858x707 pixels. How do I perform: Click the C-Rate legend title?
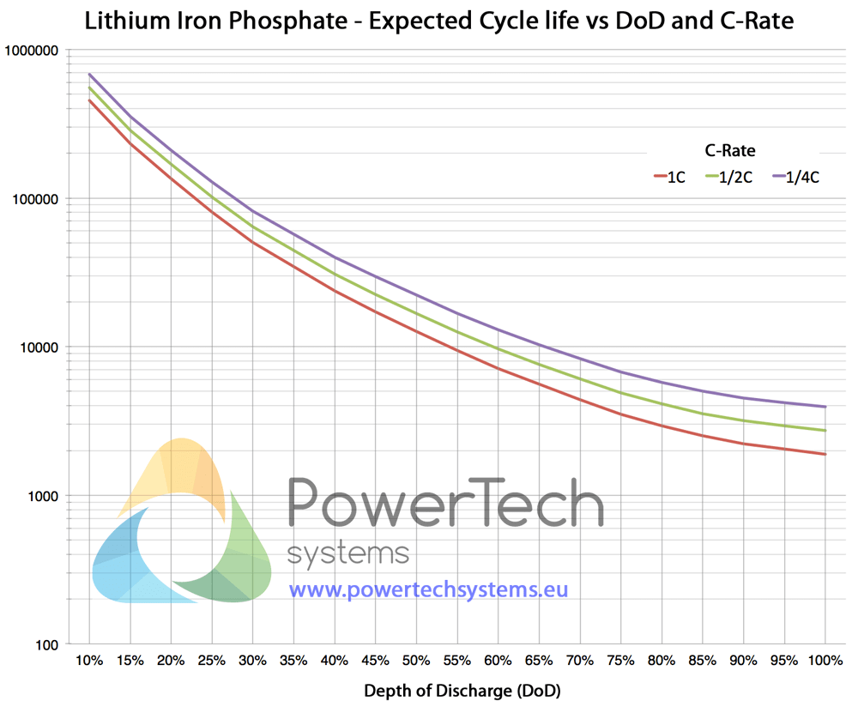[730, 150]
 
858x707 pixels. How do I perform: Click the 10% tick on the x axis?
[89, 661]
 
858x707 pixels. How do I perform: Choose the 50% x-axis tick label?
[416, 661]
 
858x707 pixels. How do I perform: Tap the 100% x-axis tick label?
[825, 661]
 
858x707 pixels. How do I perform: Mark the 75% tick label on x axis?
[620, 661]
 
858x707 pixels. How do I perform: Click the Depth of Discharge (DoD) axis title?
[456, 691]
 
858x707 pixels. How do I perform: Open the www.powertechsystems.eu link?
[428, 590]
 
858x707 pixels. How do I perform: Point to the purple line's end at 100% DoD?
[825, 407]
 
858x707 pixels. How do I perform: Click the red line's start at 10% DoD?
[89, 100]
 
